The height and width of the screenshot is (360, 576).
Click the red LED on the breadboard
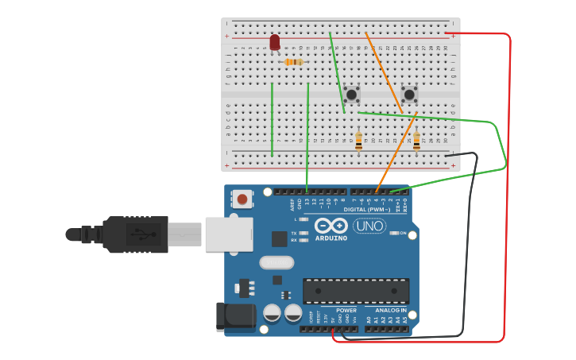[x=275, y=42]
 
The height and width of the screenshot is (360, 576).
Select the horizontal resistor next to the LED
[x=293, y=62]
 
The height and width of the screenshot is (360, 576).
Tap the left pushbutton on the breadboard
[x=351, y=95]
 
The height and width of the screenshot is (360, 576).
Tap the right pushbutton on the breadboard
[x=409, y=95]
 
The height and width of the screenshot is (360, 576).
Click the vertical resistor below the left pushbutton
[x=358, y=141]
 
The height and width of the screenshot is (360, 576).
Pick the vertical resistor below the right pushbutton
[x=416, y=141]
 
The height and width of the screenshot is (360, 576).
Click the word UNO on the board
[x=369, y=226]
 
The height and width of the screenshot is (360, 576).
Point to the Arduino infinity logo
[x=331, y=226]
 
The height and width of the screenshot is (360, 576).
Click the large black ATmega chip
[x=356, y=291]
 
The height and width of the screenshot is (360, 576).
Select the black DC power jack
[x=236, y=316]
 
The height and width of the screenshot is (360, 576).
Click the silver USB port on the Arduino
[x=229, y=234]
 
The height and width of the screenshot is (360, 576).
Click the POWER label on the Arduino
[x=346, y=310]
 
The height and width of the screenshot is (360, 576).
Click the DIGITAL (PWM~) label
[x=366, y=209]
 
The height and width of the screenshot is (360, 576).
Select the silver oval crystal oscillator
[x=276, y=262]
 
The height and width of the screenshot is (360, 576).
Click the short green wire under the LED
[x=273, y=119]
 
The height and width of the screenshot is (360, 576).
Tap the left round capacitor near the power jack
[x=273, y=313]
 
